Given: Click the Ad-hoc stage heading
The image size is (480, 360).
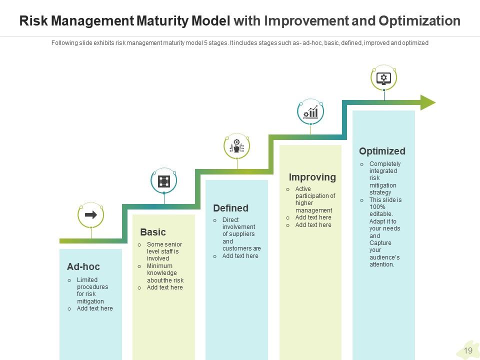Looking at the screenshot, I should [83, 267].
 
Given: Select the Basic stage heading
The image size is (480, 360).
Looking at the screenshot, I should [153, 232].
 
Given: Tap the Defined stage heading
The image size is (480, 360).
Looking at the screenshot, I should [230, 208].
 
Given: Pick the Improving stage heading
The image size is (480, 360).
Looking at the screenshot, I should [312, 177].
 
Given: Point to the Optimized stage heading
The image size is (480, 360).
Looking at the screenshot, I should [382, 151].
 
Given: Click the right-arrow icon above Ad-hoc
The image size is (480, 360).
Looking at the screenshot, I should [91, 215].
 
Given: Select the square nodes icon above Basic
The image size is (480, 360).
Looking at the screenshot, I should [164, 181].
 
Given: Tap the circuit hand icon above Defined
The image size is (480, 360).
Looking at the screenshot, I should [237, 146].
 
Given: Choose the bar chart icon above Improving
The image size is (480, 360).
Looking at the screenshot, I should [310, 112].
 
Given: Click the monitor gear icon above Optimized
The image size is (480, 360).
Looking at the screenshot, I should [383, 78].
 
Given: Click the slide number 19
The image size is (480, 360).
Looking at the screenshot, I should [468, 350].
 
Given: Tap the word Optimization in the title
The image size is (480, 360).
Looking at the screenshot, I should [419, 21].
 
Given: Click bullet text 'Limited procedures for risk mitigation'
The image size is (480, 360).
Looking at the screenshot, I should [92, 290].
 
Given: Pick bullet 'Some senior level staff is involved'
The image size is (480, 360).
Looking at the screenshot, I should [164, 251].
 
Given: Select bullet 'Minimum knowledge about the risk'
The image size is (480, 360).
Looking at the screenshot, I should [165, 273].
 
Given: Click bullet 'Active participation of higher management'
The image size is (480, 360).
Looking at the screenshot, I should [314, 199].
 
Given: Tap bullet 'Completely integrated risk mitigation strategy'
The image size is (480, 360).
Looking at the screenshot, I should [384, 178].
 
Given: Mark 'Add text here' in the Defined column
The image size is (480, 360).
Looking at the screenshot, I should [240, 256].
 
